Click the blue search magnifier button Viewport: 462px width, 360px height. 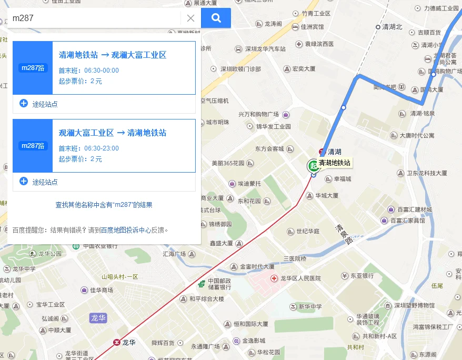point(216,18)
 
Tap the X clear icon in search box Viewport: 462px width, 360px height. point(190,18)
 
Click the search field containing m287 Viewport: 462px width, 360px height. point(95,18)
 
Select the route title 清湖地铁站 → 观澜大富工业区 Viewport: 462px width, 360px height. point(113,55)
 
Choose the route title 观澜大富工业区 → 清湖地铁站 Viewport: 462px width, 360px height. point(113,133)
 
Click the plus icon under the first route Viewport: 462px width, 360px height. point(24,103)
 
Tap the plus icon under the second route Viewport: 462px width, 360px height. point(24,181)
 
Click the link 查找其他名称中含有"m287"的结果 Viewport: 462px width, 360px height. point(104,205)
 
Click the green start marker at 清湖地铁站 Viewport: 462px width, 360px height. point(313,165)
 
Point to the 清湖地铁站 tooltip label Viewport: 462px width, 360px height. point(335,163)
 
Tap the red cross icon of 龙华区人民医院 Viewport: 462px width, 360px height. point(274,278)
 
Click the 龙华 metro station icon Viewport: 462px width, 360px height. point(116,342)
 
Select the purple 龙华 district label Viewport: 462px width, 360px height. point(98,317)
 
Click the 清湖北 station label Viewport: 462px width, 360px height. point(392,27)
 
